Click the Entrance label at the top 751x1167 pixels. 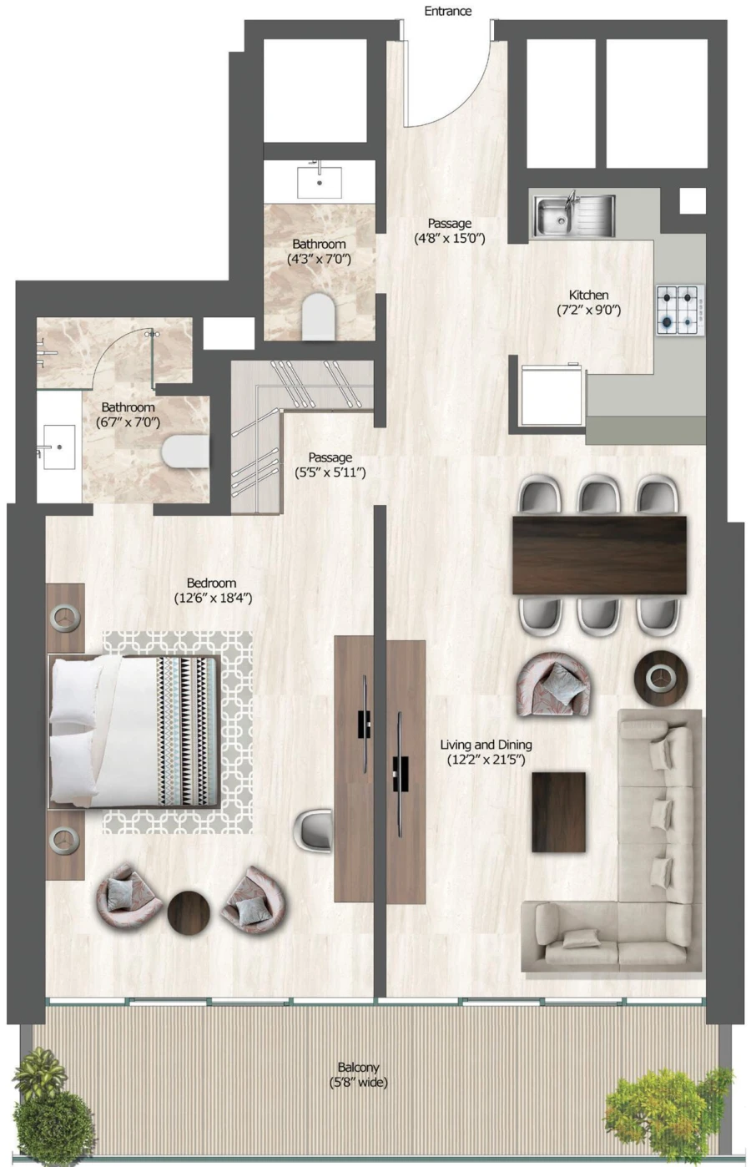tap(448, 11)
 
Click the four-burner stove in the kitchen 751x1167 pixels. tap(680, 310)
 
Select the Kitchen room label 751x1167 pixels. tap(588, 295)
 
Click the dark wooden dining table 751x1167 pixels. tap(599, 555)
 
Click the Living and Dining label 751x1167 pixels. tap(486, 744)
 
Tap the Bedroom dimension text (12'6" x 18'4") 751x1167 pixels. tap(212, 598)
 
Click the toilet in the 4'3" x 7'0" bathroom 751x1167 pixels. tap(318, 317)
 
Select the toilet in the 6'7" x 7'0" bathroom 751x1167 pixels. tap(184, 452)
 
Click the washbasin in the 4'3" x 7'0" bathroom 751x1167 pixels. tap(320, 180)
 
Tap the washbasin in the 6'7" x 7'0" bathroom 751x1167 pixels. tap(58, 447)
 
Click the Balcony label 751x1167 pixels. tap(359, 1067)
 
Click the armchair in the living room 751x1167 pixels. tap(553, 684)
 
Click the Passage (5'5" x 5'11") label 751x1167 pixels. tap(330, 457)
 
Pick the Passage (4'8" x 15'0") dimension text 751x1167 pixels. tap(450, 239)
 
